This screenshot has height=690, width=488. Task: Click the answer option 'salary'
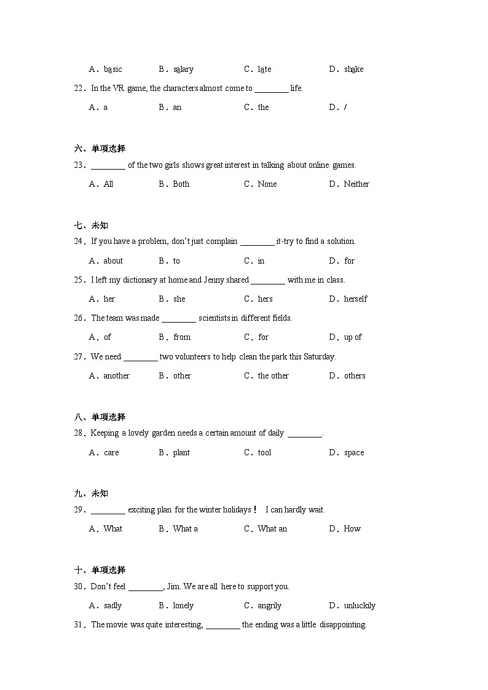[183, 69]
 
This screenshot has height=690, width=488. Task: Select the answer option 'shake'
[353, 69]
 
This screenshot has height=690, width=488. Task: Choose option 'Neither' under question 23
[356, 184]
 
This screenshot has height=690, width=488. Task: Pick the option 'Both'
[181, 184]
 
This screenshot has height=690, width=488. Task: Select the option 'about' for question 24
[113, 261]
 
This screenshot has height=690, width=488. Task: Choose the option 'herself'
[355, 299]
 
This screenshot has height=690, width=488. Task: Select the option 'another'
[116, 376]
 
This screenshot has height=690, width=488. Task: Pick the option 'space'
[354, 453]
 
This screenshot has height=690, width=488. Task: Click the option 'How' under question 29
[352, 529]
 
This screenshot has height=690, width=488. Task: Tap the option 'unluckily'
[360, 606]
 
